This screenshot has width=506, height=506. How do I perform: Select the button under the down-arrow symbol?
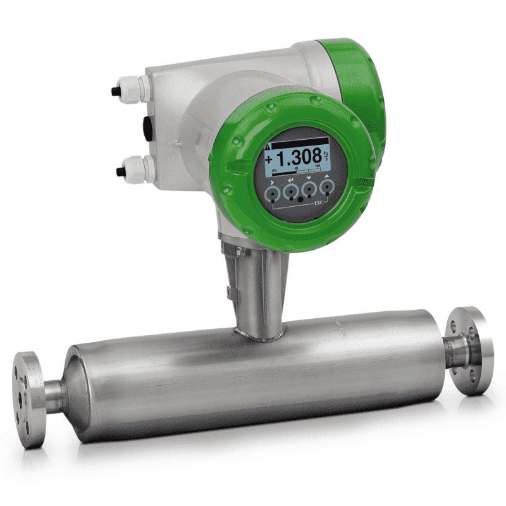(309, 189)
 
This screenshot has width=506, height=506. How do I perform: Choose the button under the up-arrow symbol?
(326, 187)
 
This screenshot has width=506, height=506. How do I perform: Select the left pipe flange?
(28, 398)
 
